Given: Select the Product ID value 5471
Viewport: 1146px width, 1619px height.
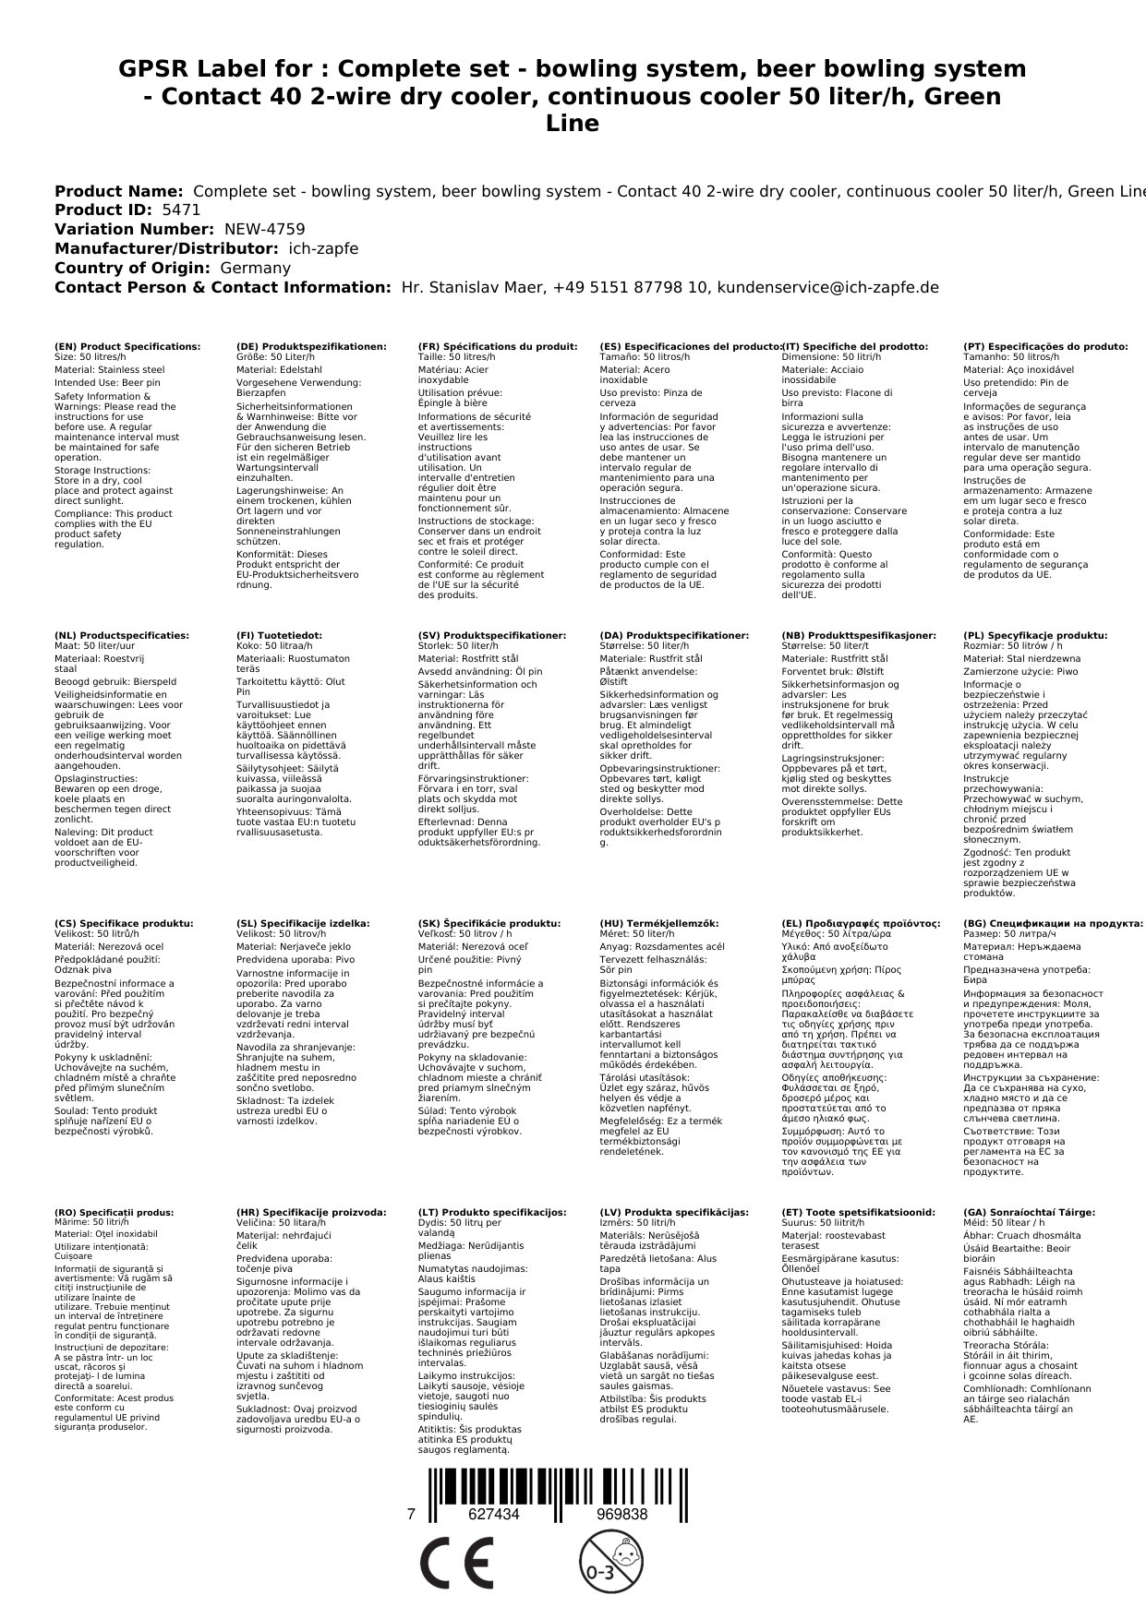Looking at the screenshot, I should pyautogui.click(x=181, y=210).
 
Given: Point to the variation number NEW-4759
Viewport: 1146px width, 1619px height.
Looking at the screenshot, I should pyautogui.click(x=264, y=229).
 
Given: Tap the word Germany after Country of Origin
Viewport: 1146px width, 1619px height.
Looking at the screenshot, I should pyautogui.click(x=255, y=268).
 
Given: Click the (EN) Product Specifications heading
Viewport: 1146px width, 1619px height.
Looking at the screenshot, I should pyautogui.click(x=127, y=346).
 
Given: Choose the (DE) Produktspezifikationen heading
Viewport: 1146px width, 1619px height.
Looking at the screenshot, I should pyautogui.click(x=311, y=346).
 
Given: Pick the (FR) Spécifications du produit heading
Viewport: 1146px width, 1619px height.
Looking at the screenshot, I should pyautogui.click(x=498, y=346).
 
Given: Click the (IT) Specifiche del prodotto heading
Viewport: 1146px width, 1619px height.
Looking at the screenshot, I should pyautogui.click(x=854, y=346).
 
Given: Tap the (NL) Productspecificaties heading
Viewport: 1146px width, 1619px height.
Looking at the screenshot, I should pyautogui.click(x=122, y=635).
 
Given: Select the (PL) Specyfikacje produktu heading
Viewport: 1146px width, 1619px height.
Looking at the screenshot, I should pyautogui.click(x=1035, y=635).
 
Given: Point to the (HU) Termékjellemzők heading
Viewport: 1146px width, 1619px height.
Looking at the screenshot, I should pyautogui.click(x=658, y=923).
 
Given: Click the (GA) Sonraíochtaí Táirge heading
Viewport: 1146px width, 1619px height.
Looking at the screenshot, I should pyautogui.click(x=1030, y=1212).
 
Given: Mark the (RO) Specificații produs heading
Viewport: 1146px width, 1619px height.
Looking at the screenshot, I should pyautogui.click(x=115, y=1212).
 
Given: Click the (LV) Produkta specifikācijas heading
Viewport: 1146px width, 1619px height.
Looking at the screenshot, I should pyautogui.click(x=674, y=1212).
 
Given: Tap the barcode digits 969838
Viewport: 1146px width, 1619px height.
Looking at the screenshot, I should pyautogui.click(x=621, y=1514).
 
